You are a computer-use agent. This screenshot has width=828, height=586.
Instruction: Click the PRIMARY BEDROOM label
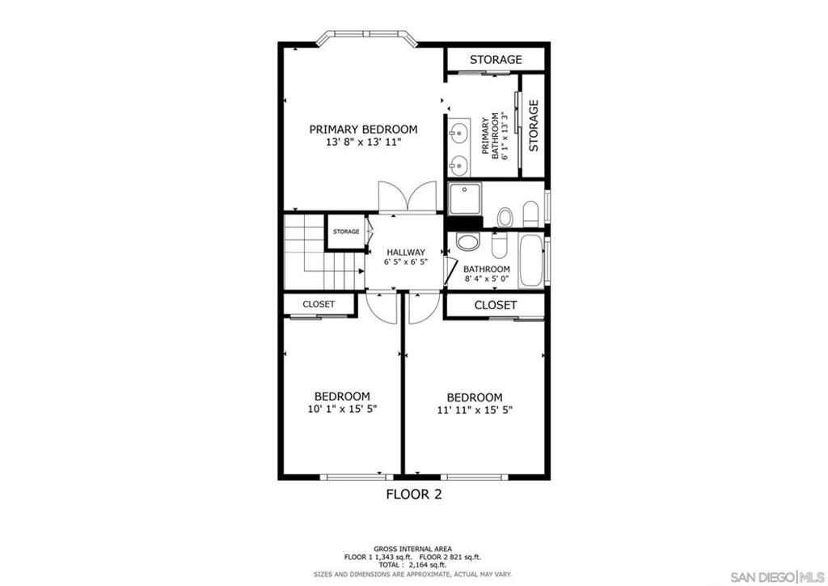[x=363, y=130]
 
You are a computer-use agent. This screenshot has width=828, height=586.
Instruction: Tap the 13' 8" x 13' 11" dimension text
[x=363, y=142]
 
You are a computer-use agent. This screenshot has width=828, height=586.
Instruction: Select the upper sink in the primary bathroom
[x=458, y=131]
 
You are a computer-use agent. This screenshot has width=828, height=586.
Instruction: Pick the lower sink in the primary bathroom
[x=458, y=164]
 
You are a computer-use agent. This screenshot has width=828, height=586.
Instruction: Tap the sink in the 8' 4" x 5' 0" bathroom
[x=467, y=241]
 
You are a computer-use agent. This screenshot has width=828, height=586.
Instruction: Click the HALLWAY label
[x=405, y=253]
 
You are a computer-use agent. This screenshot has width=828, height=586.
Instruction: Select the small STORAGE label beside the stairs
[x=346, y=232]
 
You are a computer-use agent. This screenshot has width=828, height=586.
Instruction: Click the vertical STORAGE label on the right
[x=534, y=125]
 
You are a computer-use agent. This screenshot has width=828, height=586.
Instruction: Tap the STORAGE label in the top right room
[x=496, y=60]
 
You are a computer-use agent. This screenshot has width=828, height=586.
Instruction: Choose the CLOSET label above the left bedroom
[x=319, y=304]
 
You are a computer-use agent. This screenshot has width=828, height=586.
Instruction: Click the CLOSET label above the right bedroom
[x=495, y=305]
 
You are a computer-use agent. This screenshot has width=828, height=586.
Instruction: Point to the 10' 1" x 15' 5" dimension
[x=341, y=409]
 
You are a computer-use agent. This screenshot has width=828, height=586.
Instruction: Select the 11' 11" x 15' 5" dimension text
[x=475, y=410]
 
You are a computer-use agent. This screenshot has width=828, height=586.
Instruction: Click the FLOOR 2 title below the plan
[x=413, y=494]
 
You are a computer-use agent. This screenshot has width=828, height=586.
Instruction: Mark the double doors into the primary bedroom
[x=411, y=199]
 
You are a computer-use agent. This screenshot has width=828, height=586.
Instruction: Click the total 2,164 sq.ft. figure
[x=412, y=565]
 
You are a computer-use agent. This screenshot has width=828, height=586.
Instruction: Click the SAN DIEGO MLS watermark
[x=776, y=576]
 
